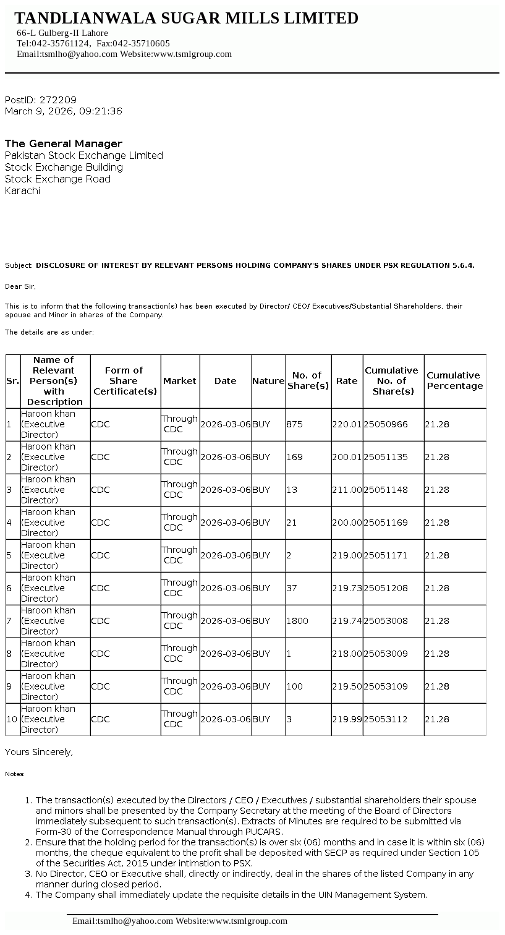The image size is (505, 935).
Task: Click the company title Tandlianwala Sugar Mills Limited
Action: coord(186,19)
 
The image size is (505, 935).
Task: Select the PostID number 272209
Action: coord(58,100)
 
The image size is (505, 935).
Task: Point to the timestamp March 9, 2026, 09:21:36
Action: coord(64,111)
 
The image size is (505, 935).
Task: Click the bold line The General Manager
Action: coord(64,143)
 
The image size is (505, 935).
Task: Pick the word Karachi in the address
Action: coord(22,190)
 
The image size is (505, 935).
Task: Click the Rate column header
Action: coord(347,381)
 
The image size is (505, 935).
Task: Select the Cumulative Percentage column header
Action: coord(454,380)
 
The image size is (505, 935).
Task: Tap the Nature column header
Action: coord(268,381)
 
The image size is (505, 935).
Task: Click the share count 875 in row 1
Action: coord(295,424)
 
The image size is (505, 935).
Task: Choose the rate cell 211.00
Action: coord(347,490)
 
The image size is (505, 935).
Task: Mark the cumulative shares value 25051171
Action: coord(386,555)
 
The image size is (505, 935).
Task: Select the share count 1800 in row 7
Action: coord(297,621)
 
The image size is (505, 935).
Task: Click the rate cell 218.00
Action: coord(347,654)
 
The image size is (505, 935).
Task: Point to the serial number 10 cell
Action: coord(12,719)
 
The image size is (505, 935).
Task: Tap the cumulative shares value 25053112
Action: coord(386,719)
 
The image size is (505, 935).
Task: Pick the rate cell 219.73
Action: coord(347,588)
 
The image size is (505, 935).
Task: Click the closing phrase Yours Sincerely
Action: coord(39,752)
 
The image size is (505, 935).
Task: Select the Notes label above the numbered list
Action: coord(15,774)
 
